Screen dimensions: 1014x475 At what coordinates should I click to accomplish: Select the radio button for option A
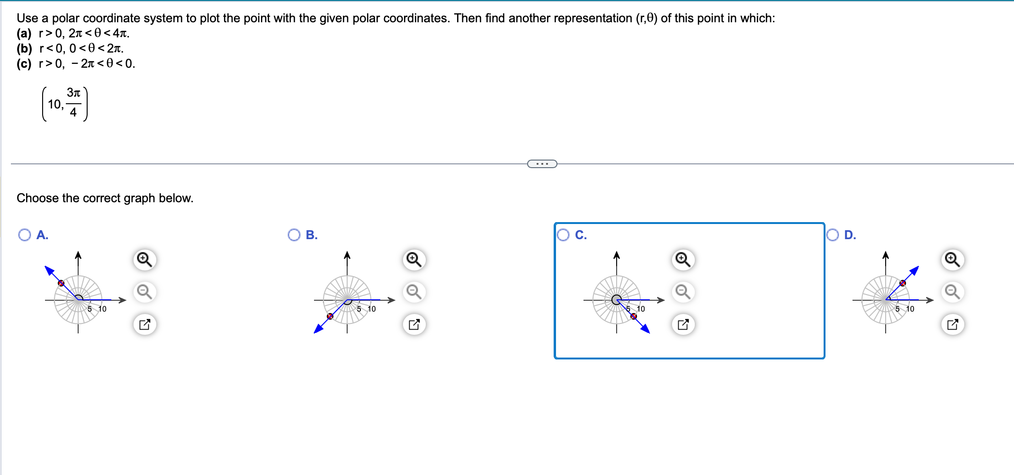pos(25,235)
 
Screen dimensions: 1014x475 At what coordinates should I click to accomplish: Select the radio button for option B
pos(294,235)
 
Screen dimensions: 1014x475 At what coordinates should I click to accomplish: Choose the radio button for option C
pos(563,235)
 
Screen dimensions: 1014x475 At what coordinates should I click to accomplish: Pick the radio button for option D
pos(833,235)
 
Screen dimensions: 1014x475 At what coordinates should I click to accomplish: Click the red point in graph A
pos(61,283)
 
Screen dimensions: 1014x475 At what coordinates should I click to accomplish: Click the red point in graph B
pos(330,316)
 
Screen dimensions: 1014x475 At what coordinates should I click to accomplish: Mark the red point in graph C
pos(634,316)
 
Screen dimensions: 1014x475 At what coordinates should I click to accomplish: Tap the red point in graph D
pos(903,283)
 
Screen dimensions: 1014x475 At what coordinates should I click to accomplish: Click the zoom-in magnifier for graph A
pos(144,260)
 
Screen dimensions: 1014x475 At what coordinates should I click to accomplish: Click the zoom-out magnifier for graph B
pos(414,292)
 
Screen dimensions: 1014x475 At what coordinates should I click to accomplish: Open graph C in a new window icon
pos(683,324)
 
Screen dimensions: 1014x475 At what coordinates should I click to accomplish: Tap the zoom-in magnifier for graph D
pos(952,260)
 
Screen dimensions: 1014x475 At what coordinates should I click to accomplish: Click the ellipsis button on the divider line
pos(542,164)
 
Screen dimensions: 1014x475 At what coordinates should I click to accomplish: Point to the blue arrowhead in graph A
pos(49,270)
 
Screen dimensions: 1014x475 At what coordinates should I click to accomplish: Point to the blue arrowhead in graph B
pos(319,329)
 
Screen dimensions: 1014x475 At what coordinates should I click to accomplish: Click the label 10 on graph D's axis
pos(910,309)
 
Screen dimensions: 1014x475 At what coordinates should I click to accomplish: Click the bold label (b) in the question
pos(24,48)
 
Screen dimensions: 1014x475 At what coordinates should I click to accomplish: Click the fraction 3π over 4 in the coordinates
pos(73,102)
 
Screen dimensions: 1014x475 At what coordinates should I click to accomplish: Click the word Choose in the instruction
pos(35,198)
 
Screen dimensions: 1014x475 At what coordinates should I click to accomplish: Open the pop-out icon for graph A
pos(144,324)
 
